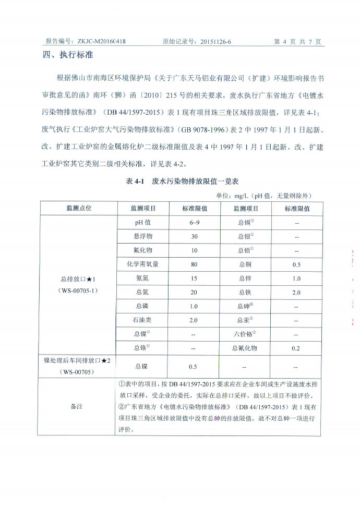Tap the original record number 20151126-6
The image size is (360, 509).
click(212, 41)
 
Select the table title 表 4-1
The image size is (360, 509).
click(137, 182)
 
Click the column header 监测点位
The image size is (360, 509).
click(79, 208)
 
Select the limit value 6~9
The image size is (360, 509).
click(194, 222)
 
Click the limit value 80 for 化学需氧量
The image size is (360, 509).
click(194, 264)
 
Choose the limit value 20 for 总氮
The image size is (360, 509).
click(194, 293)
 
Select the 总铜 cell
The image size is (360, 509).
click(245, 264)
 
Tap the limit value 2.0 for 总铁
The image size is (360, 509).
click(296, 293)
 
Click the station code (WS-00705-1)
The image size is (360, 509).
click(79, 290)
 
